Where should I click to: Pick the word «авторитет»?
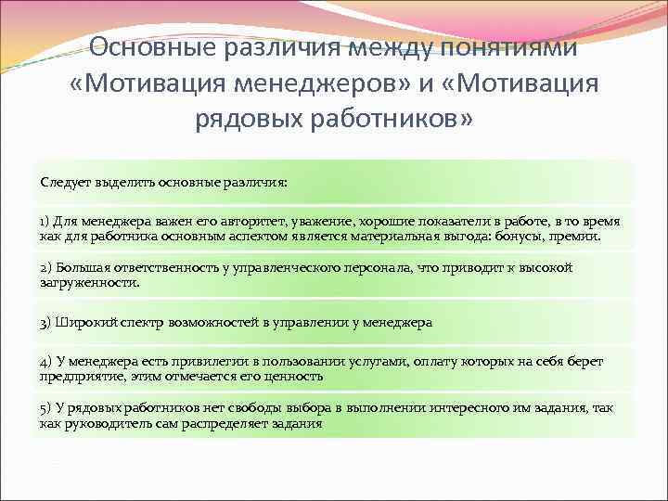tap(252, 223)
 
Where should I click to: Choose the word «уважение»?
tap(321, 223)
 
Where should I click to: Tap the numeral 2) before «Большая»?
tap(45, 268)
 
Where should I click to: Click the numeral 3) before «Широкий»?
tap(45, 323)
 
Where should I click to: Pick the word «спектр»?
tap(138, 323)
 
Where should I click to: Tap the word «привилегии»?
tap(186, 362)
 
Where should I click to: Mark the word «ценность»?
tap(293, 376)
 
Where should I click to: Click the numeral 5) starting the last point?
tap(45, 409)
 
